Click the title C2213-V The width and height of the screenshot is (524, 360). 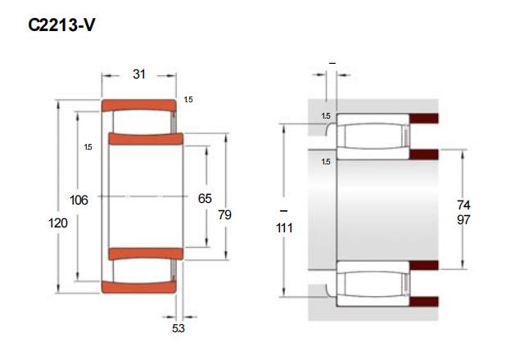pyautogui.click(x=61, y=25)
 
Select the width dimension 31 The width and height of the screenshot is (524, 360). pyautogui.click(x=139, y=74)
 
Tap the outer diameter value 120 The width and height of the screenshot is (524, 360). pyautogui.click(x=58, y=223)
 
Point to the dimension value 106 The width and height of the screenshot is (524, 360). pyautogui.click(x=79, y=200)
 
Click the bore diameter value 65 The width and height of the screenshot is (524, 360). pyautogui.click(x=205, y=198)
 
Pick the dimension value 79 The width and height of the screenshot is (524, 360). pyautogui.click(x=224, y=214)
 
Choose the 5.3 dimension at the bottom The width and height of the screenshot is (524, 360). pyautogui.click(x=178, y=328)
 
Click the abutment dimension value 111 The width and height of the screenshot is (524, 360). pyautogui.click(x=284, y=228)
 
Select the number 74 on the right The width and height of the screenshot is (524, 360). pyautogui.click(x=463, y=205)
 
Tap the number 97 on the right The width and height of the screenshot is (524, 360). pyautogui.click(x=463, y=220)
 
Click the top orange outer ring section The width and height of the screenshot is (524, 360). pyautogui.click(x=139, y=105)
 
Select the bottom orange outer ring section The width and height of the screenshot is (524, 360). pyautogui.click(x=139, y=287)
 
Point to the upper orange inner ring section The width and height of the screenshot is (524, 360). pyautogui.click(x=146, y=139)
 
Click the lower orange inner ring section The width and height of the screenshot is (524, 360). pyautogui.click(x=146, y=254)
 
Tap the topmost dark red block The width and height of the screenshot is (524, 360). pyautogui.click(x=424, y=118)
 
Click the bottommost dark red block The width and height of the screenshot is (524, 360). pyautogui.click(x=424, y=301)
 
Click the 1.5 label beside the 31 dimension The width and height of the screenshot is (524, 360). pyautogui.click(x=188, y=100)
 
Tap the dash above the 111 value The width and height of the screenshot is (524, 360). pyautogui.click(x=283, y=211)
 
